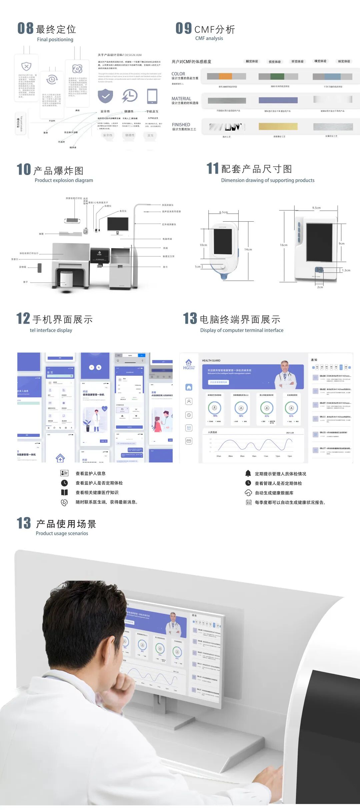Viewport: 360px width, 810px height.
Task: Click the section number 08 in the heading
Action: (25, 28)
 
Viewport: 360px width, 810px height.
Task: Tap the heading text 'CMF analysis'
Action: (209, 38)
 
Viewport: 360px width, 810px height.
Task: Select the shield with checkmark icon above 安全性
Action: (105, 96)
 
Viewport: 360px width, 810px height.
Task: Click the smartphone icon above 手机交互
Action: (152, 96)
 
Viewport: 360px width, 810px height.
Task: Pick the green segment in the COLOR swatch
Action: (277, 76)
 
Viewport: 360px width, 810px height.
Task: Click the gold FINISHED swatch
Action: (278, 126)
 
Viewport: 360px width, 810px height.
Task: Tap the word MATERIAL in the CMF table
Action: (181, 99)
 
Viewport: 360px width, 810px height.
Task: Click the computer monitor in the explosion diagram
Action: (118, 224)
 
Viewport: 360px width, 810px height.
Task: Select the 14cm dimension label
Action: (248, 249)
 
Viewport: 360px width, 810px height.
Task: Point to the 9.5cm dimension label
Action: (316, 208)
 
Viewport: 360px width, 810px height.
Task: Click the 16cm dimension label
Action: (284, 245)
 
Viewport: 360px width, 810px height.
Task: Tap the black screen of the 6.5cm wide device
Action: (223, 241)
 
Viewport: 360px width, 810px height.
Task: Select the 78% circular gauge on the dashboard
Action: (215, 408)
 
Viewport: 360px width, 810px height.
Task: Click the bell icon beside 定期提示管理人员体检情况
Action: (248, 473)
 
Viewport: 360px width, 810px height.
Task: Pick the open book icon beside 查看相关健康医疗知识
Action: (64, 492)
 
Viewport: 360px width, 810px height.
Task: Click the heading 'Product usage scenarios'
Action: (62, 533)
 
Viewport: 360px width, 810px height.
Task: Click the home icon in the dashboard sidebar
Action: (189, 387)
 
